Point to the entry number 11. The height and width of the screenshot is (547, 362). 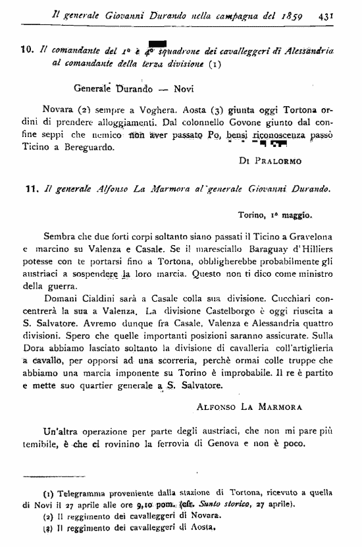click(x=30, y=189)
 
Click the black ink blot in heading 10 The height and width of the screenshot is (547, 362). click(x=155, y=44)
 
